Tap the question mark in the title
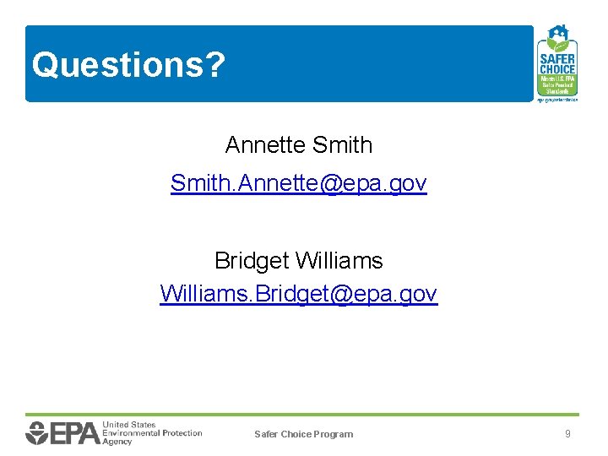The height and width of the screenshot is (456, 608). coord(216,65)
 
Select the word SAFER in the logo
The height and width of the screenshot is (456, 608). coord(556,59)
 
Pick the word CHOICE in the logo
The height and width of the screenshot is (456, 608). coord(556,69)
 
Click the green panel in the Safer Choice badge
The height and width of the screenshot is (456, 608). coord(556,84)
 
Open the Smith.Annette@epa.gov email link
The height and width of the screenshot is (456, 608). coord(298,183)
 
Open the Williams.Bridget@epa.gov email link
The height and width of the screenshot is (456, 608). coord(298,294)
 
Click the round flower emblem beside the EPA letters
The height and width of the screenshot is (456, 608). coord(37,433)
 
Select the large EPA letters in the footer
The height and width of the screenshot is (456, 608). coord(75,433)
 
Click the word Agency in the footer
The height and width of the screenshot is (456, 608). coord(117,442)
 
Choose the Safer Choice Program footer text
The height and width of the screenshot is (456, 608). coord(303,434)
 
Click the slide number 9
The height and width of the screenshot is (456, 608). coord(567,433)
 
